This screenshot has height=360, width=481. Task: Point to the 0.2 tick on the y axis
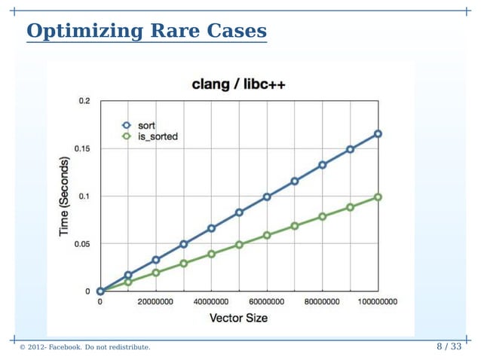point(84,101)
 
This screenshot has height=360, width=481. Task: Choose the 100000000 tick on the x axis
point(376,302)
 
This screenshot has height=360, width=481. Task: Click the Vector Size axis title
point(238,318)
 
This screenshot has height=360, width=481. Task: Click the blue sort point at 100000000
point(378,134)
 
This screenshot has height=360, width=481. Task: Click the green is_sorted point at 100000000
point(378,197)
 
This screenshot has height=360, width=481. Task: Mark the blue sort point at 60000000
point(267,197)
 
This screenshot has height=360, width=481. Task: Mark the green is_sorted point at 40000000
point(211,254)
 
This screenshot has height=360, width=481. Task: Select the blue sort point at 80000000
point(322,165)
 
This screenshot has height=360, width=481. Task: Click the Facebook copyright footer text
point(84,347)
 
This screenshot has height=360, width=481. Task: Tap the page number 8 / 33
point(449,346)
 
